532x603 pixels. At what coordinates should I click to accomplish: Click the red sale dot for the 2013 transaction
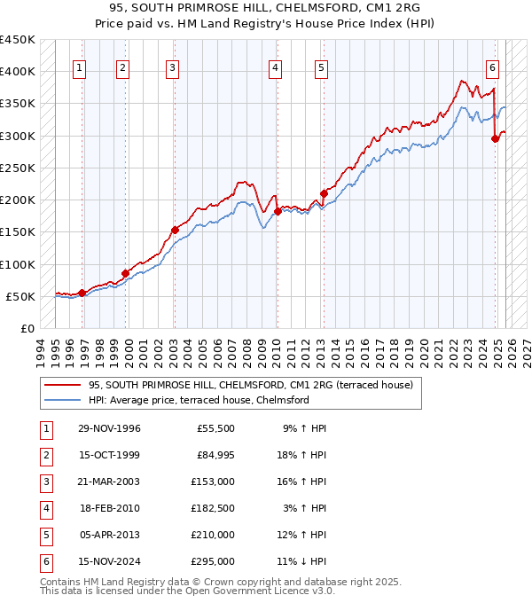click(324, 193)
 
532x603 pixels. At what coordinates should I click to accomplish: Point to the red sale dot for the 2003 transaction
click(175, 230)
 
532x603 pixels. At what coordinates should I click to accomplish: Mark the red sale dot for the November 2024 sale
click(495, 137)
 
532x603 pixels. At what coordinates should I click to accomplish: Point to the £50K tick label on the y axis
click(20, 297)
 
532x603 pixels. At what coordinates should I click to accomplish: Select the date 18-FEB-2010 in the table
click(109, 509)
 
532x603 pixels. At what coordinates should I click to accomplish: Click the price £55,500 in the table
click(214, 429)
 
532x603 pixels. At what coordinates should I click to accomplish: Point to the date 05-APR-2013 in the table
click(109, 536)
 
